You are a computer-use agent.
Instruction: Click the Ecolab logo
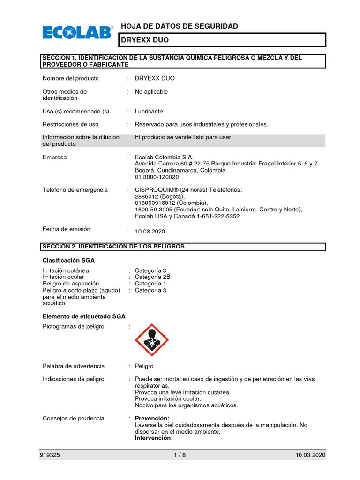(78, 33)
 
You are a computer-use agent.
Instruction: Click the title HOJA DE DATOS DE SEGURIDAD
(180, 26)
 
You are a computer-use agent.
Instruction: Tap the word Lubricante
(149, 112)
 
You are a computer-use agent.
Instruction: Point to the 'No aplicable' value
(151, 92)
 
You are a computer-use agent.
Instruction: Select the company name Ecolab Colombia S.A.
(164, 157)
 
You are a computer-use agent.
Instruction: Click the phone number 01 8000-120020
(157, 177)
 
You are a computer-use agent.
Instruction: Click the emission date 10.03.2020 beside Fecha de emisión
(150, 232)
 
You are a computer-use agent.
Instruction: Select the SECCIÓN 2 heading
(113, 247)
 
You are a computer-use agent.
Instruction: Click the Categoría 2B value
(153, 277)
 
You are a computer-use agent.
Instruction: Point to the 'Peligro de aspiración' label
(71, 284)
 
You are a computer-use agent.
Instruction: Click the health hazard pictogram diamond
(151, 340)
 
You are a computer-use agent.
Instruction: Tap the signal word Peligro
(144, 366)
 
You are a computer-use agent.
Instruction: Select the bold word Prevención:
(152, 418)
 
